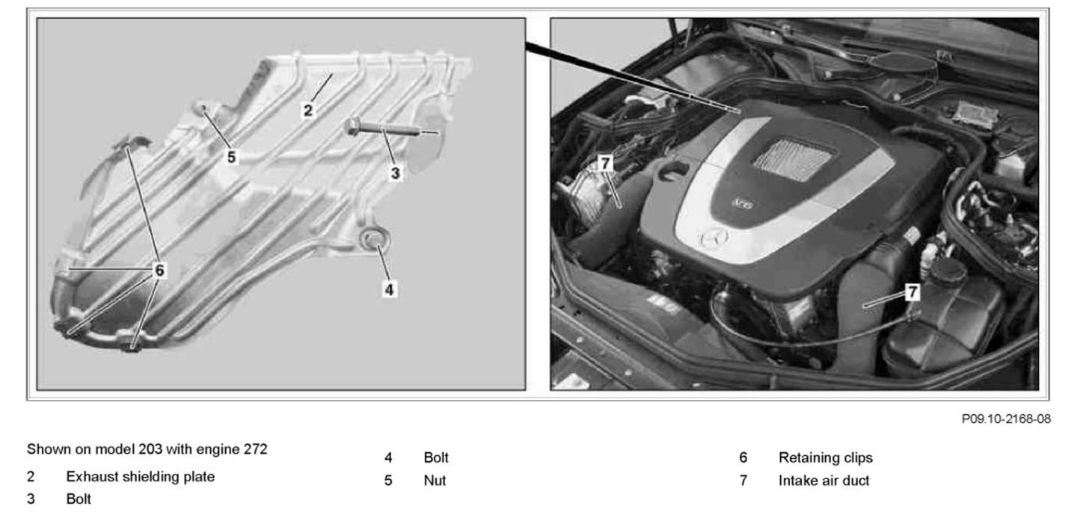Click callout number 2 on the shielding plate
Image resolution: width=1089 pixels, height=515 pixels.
[x=307, y=111]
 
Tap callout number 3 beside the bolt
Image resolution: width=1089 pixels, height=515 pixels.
[x=395, y=173]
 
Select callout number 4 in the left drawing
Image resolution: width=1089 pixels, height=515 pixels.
[x=389, y=289]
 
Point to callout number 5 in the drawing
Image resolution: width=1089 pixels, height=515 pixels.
[x=231, y=157]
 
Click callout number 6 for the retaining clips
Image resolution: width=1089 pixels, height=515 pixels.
[x=159, y=270]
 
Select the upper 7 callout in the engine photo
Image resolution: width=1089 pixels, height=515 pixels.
[x=605, y=163]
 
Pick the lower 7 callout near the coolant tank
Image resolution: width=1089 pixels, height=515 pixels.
[x=912, y=292]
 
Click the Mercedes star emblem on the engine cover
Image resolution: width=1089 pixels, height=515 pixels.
[x=714, y=238]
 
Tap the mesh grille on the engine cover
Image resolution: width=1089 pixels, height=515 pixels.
[x=794, y=160]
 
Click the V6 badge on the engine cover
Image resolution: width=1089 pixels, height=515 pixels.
[x=743, y=203]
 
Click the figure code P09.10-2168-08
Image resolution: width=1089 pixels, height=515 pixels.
[x=1006, y=419]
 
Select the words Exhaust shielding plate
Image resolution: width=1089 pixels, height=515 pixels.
[x=141, y=477]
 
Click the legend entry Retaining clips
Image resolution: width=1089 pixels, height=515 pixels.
[x=826, y=457]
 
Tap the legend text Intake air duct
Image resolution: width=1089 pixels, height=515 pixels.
[x=823, y=481]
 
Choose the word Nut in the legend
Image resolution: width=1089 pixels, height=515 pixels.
[x=435, y=481]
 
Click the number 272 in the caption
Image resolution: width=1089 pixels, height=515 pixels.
[x=256, y=449]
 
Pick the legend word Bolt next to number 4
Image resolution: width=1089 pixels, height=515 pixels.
[x=436, y=457]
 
